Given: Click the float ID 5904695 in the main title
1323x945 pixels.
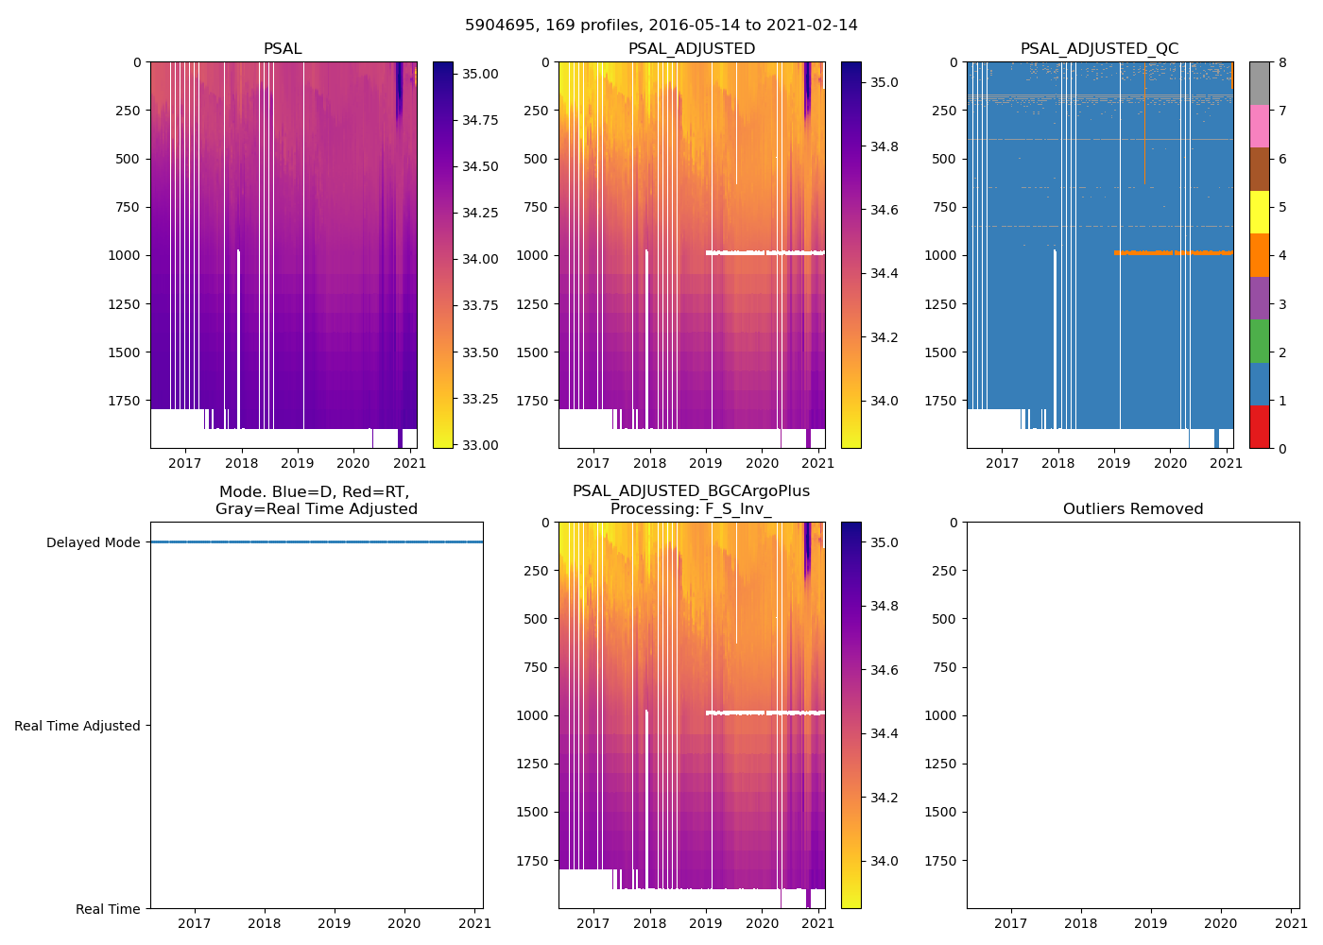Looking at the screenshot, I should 498,26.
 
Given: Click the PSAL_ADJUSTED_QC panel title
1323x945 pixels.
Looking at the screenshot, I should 1099,49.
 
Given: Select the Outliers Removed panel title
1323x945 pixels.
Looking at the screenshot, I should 1132,509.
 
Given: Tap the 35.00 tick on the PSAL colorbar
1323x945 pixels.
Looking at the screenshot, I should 480,74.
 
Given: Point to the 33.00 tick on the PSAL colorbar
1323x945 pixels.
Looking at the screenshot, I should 480,445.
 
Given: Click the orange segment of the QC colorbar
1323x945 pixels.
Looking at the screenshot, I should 1259,255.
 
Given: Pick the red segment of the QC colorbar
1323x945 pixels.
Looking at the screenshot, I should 1259,426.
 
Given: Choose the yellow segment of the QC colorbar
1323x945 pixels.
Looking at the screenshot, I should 1259,212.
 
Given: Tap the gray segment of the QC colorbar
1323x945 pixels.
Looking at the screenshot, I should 1259,83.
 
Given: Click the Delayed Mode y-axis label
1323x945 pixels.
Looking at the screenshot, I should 93,542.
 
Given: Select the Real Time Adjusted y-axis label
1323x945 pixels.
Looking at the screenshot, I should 77,726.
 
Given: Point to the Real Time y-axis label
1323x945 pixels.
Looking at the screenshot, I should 108,909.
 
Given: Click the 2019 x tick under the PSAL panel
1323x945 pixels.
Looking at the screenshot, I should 298,463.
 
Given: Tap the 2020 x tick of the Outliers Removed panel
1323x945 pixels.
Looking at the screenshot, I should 1221,923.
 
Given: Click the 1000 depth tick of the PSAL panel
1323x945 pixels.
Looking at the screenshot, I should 125,255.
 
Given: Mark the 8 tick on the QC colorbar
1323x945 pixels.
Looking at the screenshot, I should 1282,62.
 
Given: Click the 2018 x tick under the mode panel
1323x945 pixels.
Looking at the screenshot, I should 265,923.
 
